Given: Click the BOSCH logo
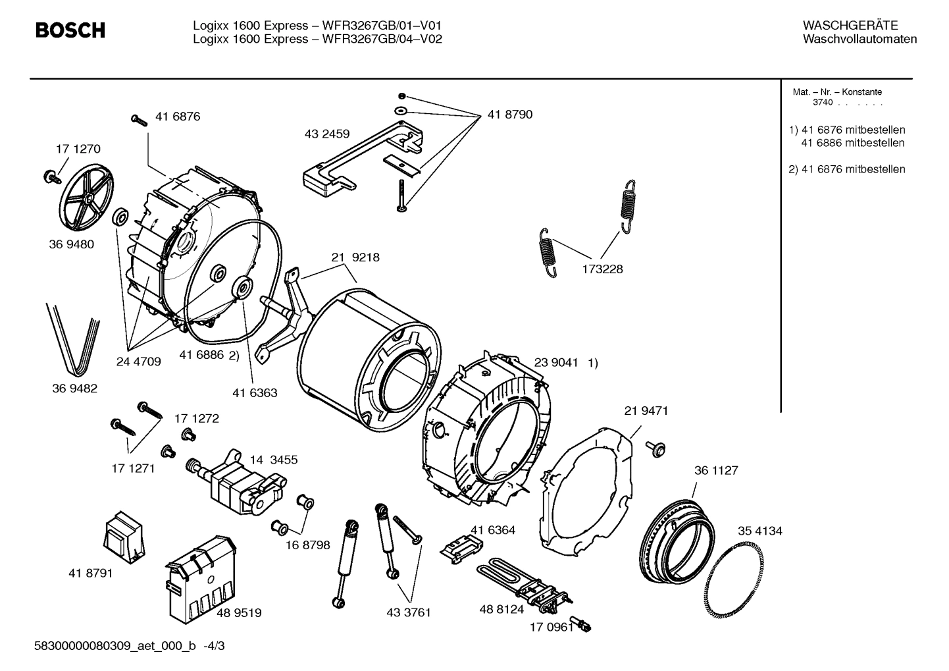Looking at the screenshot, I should (70, 30).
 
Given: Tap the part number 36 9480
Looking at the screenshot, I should (71, 244).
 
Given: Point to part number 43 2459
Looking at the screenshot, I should (327, 134).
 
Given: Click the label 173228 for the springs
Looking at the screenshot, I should (602, 269).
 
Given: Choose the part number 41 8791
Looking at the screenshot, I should (90, 574).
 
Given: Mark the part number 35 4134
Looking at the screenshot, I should (759, 531).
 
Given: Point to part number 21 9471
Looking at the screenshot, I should (646, 411).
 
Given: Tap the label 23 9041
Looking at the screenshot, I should (556, 363).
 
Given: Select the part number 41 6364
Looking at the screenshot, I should (492, 530).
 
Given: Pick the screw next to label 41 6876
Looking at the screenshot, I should (140, 120).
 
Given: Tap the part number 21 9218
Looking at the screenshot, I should (355, 257).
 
